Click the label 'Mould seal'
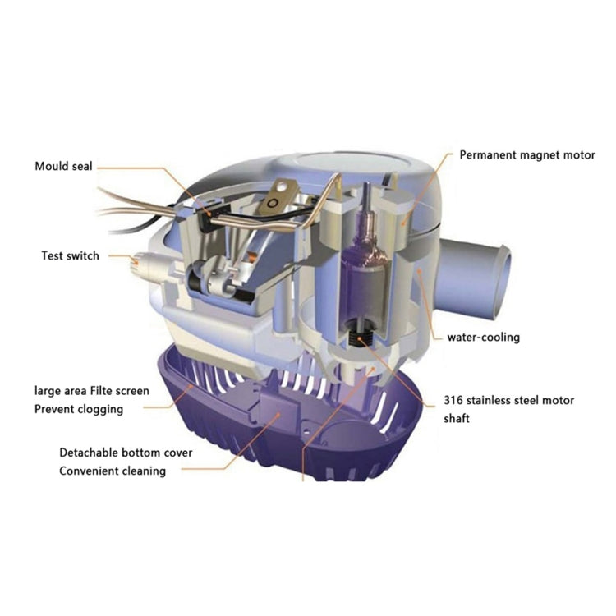coord(63,166)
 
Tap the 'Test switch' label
coord(70,255)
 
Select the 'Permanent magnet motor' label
coord(526,154)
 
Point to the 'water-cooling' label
coord(483,337)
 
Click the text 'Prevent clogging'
coord(79,408)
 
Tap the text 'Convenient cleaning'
coord(112,471)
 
